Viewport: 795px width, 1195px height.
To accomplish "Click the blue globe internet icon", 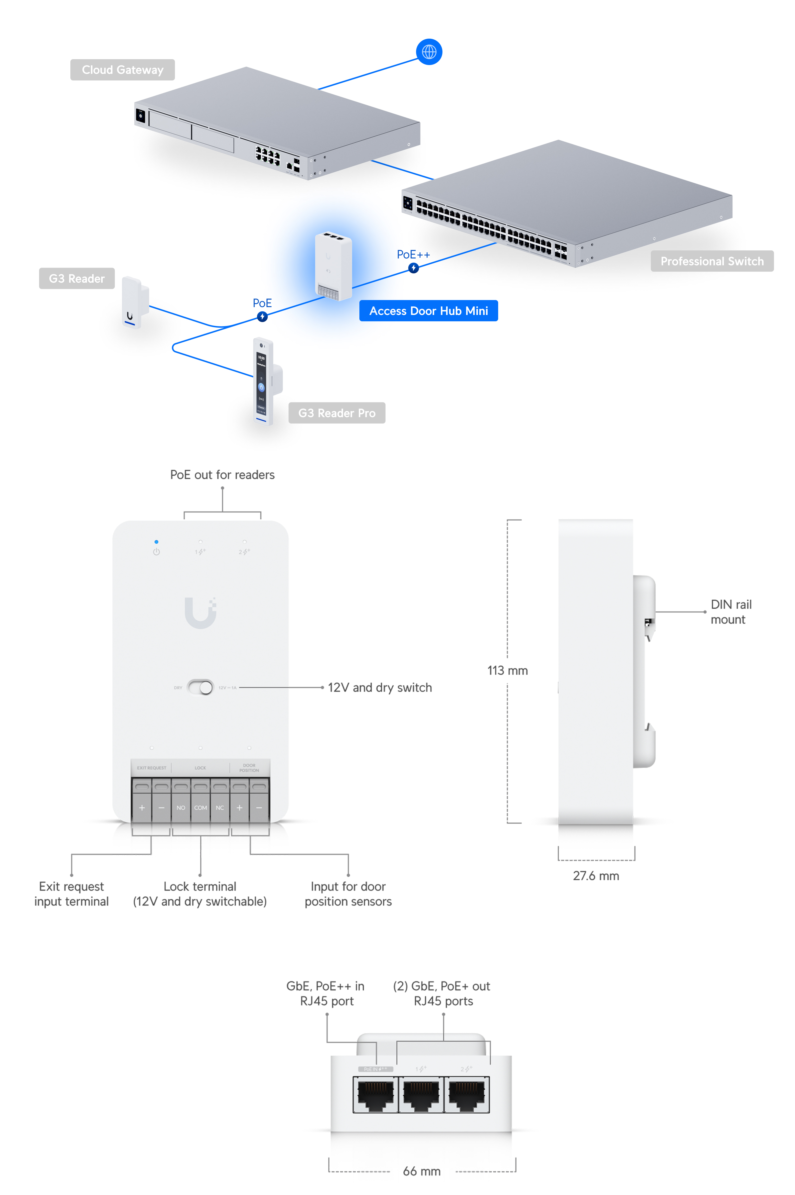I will [429, 52].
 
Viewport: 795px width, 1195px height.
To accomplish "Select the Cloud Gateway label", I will [123, 70].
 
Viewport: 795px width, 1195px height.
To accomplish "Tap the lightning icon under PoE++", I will [414, 268].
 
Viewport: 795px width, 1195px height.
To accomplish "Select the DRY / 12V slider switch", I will [200, 688].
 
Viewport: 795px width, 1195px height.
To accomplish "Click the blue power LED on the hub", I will [156, 542].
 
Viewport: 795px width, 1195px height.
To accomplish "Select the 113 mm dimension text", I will [507, 670].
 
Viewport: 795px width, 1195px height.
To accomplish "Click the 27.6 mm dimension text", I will [596, 876].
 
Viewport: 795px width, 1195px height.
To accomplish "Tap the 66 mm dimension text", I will [421, 1171].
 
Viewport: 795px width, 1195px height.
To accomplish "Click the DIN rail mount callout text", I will [731, 612].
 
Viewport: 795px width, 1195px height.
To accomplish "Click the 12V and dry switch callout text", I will [380, 688].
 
